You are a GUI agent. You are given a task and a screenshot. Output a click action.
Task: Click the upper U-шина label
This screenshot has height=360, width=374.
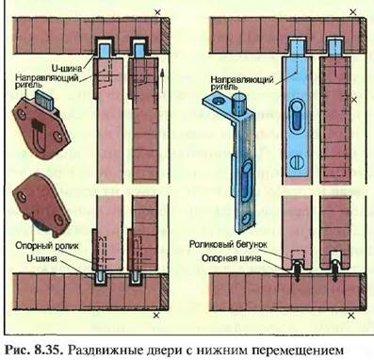[x=67, y=68]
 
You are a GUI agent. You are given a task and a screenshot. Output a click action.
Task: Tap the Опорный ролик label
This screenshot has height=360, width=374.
[x=47, y=245]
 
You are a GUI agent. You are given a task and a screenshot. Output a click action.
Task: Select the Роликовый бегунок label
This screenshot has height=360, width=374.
[x=227, y=244]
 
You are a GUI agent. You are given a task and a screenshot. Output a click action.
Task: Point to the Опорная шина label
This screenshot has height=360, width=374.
[x=231, y=258]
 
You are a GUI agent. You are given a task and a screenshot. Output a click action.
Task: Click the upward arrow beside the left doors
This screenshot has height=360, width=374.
[x=162, y=81]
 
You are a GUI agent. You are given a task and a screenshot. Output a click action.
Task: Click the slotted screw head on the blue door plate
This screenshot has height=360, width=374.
[x=297, y=162]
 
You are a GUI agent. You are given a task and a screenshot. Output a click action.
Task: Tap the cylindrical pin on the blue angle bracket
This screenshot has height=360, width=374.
[x=239, y=104]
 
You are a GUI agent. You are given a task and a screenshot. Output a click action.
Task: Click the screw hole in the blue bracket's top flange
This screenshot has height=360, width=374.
[x=217, y=102]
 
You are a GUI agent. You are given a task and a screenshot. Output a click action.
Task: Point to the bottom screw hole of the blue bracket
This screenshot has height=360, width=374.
[x=247, y=218]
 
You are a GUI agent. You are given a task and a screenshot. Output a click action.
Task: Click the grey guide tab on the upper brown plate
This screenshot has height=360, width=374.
[x=44, y=99]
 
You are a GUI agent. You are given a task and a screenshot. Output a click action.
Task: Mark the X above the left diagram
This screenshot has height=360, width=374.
[x=157, y=12]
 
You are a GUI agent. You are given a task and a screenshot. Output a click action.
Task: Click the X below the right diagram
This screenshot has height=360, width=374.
[x=352, y=315]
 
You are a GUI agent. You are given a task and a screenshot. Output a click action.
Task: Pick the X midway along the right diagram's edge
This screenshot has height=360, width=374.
[x=354, y=99]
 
